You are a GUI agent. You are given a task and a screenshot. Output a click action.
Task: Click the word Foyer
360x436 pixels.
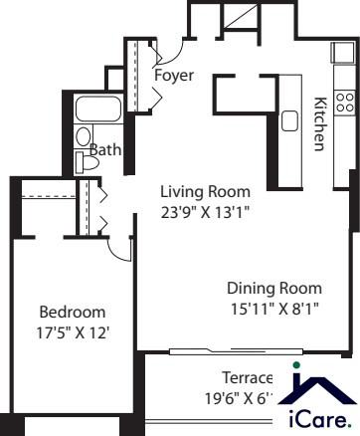click(x=174, y=76)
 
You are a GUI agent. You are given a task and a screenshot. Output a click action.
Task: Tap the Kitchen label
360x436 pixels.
click(x=320, y=124)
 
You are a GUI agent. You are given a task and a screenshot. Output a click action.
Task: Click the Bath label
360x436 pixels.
click(x=106, y=150)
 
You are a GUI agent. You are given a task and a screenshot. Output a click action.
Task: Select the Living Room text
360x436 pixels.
click(x=207, y=192)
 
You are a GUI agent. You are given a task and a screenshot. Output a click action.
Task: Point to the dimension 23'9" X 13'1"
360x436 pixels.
click(x=207, y=210)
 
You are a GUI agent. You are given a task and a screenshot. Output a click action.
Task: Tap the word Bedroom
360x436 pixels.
click(x=67, y=310)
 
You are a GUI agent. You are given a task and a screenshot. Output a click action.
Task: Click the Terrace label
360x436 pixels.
click(x=247, y=378)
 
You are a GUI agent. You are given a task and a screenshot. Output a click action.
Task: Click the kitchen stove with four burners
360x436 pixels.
click(x=344, y=102)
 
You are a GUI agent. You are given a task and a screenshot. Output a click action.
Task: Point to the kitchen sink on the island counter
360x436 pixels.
click(x=290, y=121)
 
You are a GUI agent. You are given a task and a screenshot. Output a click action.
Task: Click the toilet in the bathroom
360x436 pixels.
click(x=84, y=161)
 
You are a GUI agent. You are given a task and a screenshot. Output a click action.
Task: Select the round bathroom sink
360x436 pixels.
click(x=84, y=136)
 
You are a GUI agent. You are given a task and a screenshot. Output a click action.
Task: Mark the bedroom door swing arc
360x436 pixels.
click(x=120, y=253)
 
